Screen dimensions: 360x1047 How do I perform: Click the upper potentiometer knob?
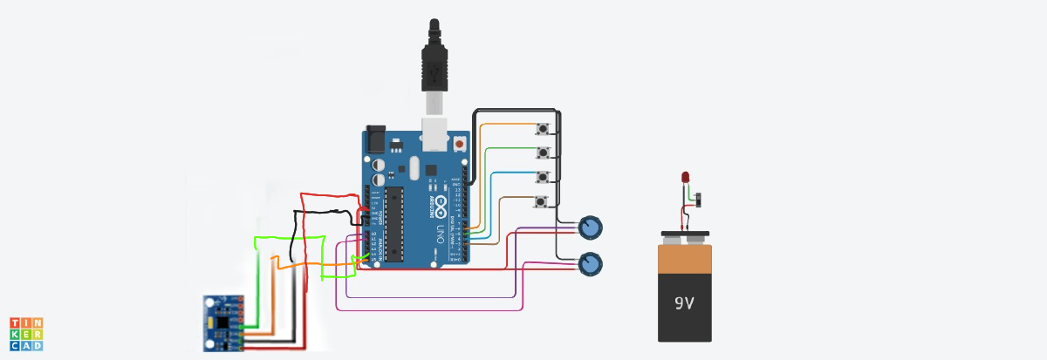click(x=591, y=228)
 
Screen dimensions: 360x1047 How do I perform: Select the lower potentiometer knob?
click(x=591, y=263)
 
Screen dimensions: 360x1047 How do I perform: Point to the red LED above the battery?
click(x=686, y=179)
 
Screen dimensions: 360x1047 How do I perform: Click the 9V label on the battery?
click(x=684, y=304)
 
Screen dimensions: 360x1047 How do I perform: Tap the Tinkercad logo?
click(x=26, y=334)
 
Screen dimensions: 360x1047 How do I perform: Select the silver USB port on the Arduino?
click(x=434, y=136)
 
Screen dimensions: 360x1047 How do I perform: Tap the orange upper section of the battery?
click(x=684, y=259)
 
